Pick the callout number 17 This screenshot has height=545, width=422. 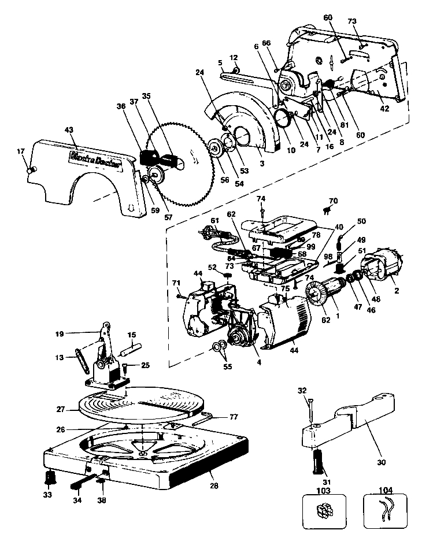pos(21,151)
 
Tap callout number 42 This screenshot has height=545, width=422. pos(384,108)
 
